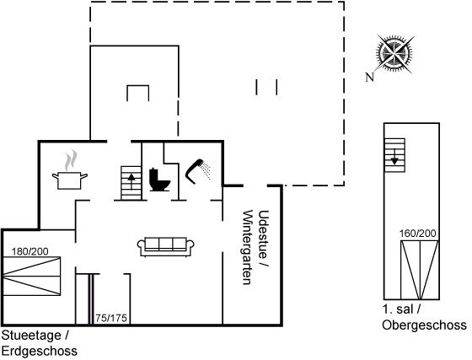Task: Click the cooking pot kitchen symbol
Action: click(69, 180)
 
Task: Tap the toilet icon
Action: click(159, 180)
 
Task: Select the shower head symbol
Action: click(198, 171)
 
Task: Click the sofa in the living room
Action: click(165, 247)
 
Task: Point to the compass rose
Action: click(394, 55)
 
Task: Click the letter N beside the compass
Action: click(370, 77)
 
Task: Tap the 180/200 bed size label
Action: click(30, 251)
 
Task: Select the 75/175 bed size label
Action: click(111, 318)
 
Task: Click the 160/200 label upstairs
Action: click(418, 234)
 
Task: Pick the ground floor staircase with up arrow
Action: click(131, 183)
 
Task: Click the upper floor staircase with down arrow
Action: click(394, 155)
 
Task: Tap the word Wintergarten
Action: click(248, 247)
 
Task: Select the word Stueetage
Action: click(31, 335)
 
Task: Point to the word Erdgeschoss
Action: click(40, 351)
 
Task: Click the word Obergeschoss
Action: click(425, 325)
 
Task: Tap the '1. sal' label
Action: click(398, 309)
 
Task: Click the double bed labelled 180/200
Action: click(32, 276)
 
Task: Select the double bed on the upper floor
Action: click(420, 270)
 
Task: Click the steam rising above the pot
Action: click(71, 160)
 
